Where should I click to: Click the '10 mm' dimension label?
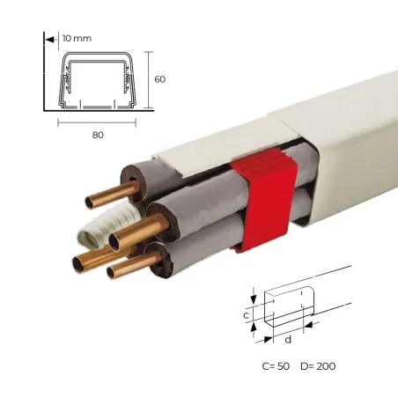point(77,39)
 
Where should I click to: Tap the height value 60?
point(160,79)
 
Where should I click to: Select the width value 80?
point(98,135)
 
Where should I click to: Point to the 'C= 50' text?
point(276,366)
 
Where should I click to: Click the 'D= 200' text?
point(318,366)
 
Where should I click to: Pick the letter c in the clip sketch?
point(247,315)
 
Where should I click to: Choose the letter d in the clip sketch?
point(288,340)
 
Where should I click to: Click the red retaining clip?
point(264,200)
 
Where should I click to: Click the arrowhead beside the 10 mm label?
point(50,40)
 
